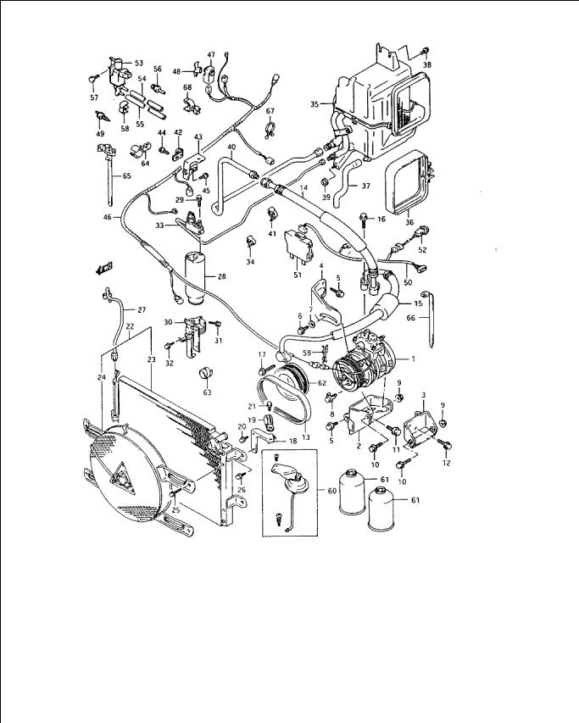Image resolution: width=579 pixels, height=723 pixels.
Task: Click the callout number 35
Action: click(314, 105)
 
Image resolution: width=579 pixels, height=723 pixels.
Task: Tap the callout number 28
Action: click(221, 277)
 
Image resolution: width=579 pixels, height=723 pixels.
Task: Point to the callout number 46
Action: click(108, 218)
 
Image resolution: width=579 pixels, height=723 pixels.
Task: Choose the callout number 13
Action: click(305, 437)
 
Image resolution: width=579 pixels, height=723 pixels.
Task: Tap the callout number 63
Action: click(205, 393)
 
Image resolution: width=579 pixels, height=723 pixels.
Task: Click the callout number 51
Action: click(298, 274)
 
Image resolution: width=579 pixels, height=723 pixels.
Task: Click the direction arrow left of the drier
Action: click(104, 269)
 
